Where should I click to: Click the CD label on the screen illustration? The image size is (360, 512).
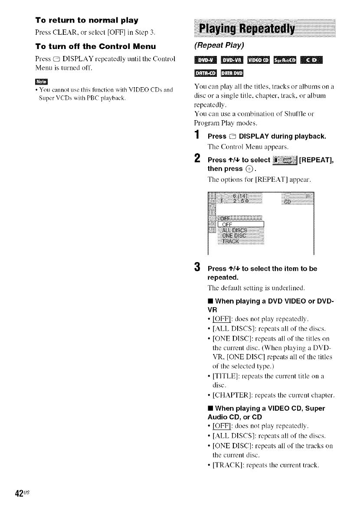point(288,203)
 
